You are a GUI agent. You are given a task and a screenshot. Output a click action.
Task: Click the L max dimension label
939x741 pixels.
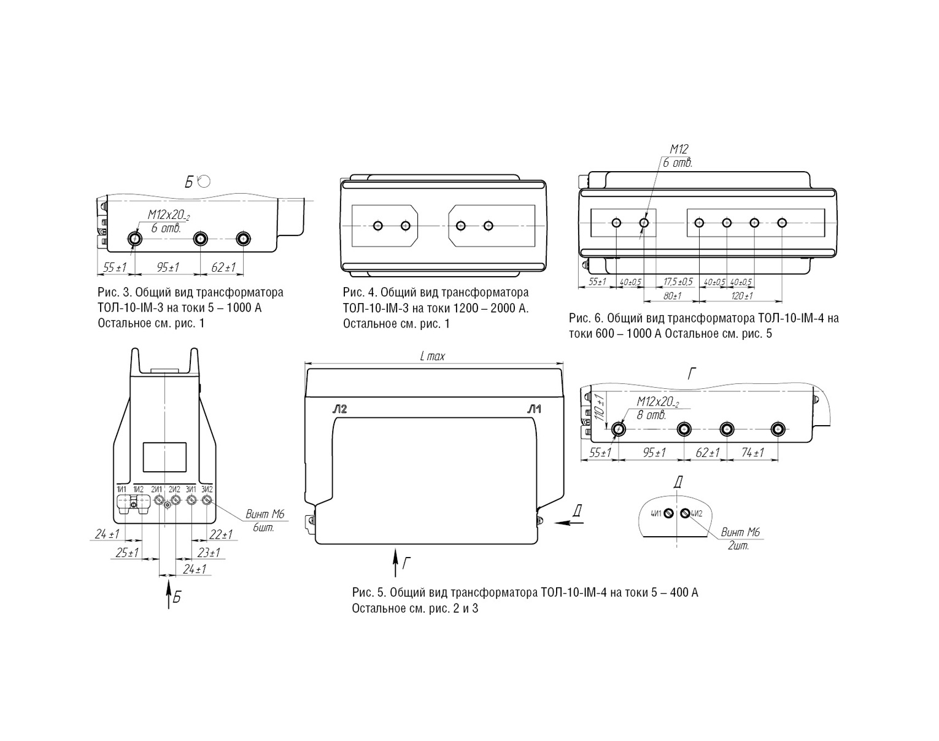[x=433, y=356]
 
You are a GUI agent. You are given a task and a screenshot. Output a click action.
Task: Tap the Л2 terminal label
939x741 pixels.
[x=339, y=409]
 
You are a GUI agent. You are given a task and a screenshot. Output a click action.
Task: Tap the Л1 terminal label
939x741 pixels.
[x=535, y=409]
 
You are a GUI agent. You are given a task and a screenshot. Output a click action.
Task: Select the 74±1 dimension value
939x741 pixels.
[x=752, y=453]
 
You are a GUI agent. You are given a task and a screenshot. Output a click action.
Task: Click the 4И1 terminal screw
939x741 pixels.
[x=668, y=513]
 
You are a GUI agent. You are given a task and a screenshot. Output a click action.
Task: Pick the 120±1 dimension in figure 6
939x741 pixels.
[x=742, y=296]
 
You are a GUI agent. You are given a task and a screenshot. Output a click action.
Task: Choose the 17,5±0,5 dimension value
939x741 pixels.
[x=678, y=282]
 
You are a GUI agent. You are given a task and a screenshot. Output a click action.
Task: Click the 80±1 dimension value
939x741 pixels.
[x=672, y=296]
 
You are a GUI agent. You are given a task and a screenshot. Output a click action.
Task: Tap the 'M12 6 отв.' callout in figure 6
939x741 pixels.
[x=678, y=156]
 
